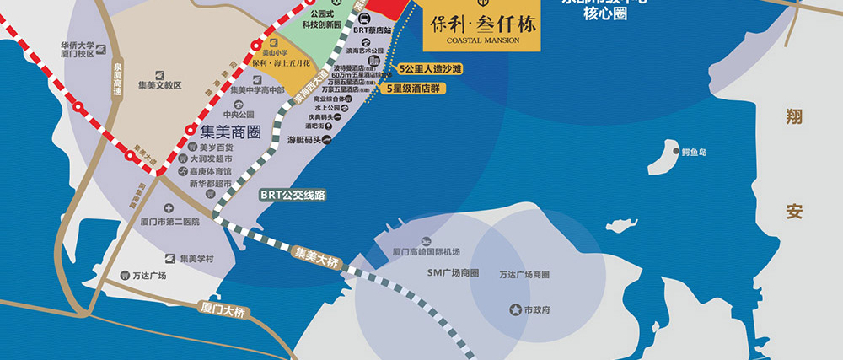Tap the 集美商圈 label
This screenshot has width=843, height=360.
(230, 132)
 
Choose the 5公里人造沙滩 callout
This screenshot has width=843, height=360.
(432, 67)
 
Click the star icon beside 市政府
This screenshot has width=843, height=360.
(515, 310)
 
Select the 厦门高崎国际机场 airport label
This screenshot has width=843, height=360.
(426, 251)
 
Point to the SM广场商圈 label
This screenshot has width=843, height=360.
(453, 273)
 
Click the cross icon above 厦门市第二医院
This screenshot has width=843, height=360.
(169, 207)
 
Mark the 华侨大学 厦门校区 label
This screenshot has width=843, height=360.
(81, 48)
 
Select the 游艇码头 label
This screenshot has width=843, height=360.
(302, 140)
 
